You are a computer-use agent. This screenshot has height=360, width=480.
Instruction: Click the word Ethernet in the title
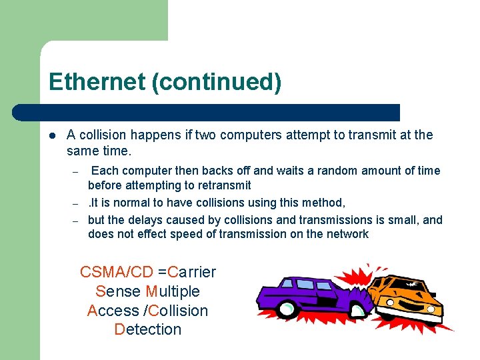point(97,82)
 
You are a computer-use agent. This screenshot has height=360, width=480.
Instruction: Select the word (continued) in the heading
point(217,83)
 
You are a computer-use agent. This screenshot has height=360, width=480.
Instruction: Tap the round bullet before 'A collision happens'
point(52,135)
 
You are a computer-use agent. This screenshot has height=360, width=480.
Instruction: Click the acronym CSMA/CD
point(116,272)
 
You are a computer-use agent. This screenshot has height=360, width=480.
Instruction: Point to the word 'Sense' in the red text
point(118,291)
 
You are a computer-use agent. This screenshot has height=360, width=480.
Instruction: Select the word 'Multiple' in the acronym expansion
point(173,291)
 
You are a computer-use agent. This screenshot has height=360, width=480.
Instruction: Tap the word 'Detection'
point(148,329)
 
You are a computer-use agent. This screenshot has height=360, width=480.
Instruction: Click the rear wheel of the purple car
point(287,309)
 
